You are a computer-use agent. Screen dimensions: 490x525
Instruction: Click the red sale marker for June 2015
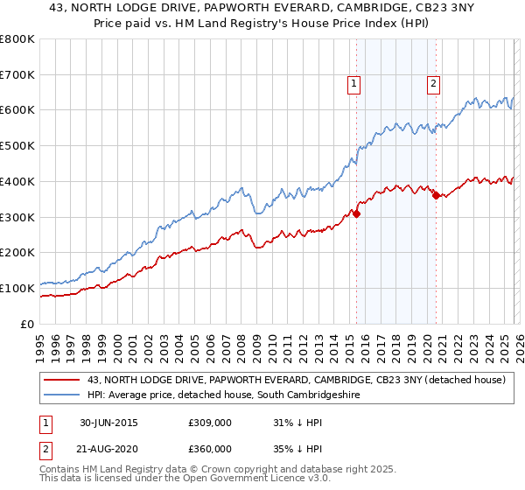pos(357,213)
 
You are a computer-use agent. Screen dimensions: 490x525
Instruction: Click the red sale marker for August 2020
pos(436,195)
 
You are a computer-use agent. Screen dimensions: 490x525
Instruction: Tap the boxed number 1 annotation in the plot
pos(353,84)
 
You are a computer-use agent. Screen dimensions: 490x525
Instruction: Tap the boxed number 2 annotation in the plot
pos(433,84)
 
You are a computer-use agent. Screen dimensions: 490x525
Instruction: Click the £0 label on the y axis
pos(28,324)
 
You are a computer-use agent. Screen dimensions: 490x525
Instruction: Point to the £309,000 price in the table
pos(210,423)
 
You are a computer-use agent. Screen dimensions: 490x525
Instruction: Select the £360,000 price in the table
pos(210,448)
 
